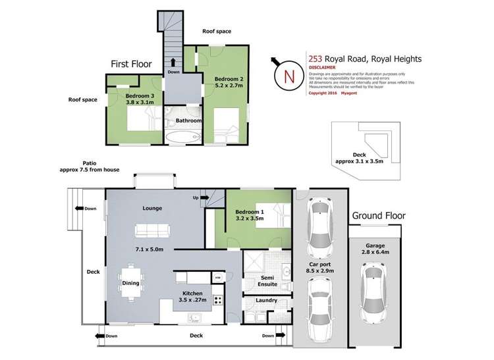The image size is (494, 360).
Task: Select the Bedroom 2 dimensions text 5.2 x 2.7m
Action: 227,86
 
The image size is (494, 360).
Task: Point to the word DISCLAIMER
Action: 322,67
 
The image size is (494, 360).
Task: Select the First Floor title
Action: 130,64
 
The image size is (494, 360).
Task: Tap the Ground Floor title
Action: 378,215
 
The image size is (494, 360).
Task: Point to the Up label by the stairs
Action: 195,197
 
